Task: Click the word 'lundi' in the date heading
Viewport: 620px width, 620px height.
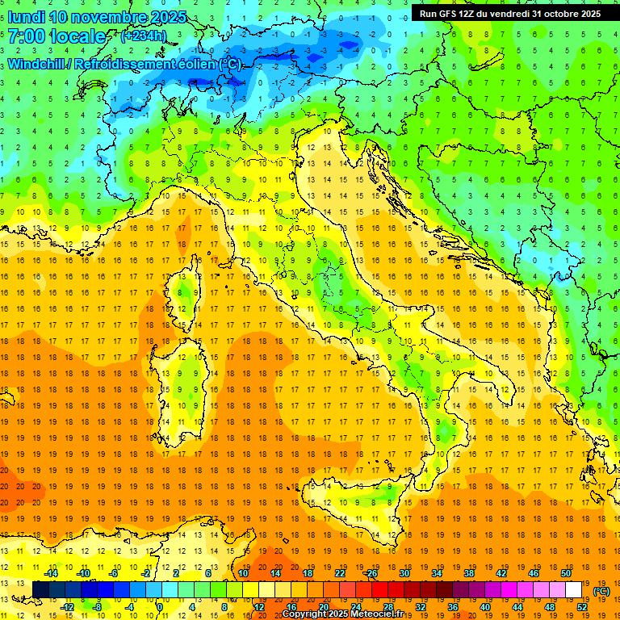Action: click(23, 17)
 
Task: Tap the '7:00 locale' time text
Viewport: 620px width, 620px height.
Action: click(56, 36)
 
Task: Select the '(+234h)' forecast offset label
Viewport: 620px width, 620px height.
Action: click(143, 36)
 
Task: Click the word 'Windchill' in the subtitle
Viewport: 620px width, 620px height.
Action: click(36, 64)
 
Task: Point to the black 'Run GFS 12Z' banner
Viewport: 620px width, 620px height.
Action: click(509, 14)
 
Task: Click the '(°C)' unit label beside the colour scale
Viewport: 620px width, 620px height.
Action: click(601, 591)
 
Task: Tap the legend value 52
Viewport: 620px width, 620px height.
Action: click(582, 606)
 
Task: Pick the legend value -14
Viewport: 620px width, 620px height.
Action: click(52, 573)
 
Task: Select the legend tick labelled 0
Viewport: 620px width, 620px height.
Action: click(159, 606)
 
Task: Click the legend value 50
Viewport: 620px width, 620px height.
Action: click(566, 573)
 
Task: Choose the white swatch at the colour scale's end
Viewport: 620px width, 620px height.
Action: click(573, 589)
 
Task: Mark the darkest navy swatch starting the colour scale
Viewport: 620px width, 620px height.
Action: click(40, 589)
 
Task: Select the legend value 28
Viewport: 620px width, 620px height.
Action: click(388, 606)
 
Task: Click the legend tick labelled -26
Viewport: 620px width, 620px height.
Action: click(371, 573)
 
